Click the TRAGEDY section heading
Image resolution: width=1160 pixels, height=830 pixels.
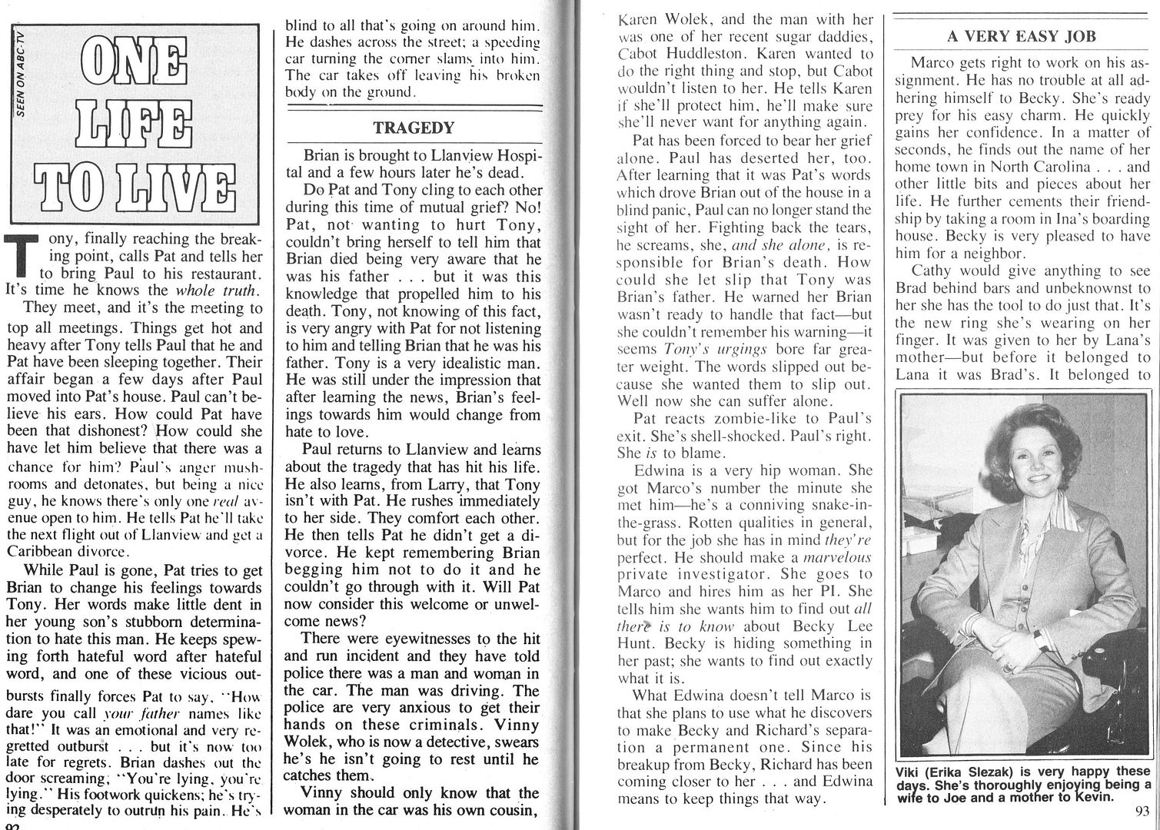tap(414, 128)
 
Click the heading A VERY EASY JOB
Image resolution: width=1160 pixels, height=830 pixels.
tap(1022, 36)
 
